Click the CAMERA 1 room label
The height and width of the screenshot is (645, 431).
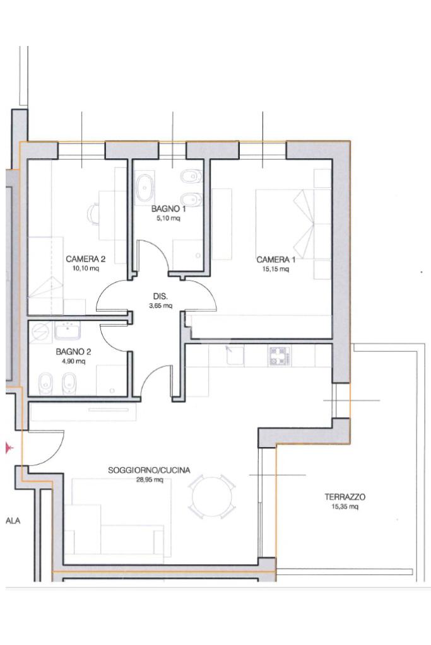point(276,260)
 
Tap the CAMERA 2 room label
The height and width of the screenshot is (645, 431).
point(86,259)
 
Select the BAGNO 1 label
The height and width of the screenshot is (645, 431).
point(168,209)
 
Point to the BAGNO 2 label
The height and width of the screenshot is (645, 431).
point(73,352)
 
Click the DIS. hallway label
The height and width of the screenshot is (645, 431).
point(160,296)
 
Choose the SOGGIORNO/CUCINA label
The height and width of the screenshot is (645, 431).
point(149,470)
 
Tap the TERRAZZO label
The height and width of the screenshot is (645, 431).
point(345,497)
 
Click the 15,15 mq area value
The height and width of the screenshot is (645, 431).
point(276,269)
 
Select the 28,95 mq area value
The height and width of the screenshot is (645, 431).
point(150,480)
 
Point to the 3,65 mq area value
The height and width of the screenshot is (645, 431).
point(160,306)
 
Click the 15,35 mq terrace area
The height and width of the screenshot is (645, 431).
point(345,507)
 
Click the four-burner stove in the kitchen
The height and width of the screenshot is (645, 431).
point(280,356)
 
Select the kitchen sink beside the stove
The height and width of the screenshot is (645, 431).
point(235,355)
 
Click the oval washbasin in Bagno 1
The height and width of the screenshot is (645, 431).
point(145,188)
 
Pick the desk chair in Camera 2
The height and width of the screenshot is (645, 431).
point(93,214)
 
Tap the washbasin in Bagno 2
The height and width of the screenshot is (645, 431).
point(67,330)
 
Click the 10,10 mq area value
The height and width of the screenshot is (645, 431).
point(86,269)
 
